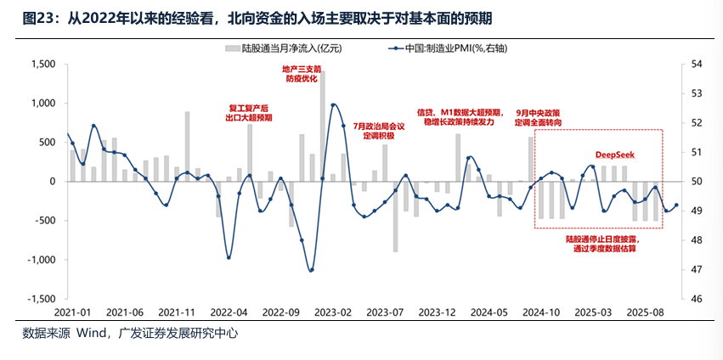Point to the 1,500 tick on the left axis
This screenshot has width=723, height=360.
click(42, 65)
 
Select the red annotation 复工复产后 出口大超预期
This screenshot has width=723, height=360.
click(250, 113)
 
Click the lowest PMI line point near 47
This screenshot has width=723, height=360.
click(311, 270)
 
